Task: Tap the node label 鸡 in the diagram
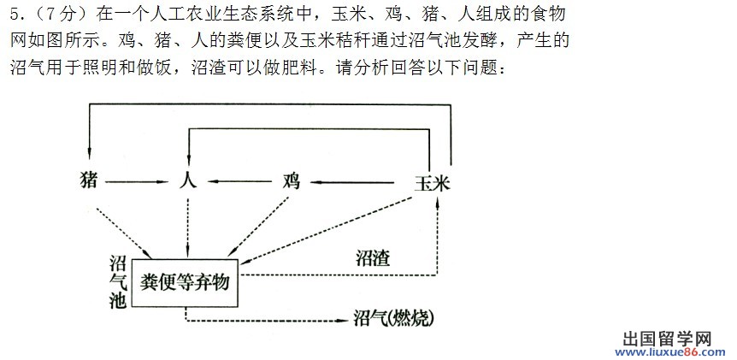pos(292,181)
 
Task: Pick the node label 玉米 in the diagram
pos(433,183)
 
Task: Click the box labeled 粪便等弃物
pos(185,283)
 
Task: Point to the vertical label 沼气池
pos(118,282)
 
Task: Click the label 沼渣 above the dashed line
pos(373,258)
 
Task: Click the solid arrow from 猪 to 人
pos(137,182)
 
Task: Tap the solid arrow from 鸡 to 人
pos(239,182)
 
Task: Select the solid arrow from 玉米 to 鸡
pos(354,182)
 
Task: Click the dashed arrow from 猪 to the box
pos(123,233)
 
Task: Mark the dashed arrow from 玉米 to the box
pos(326,231)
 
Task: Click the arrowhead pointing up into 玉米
pos(438,201)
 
